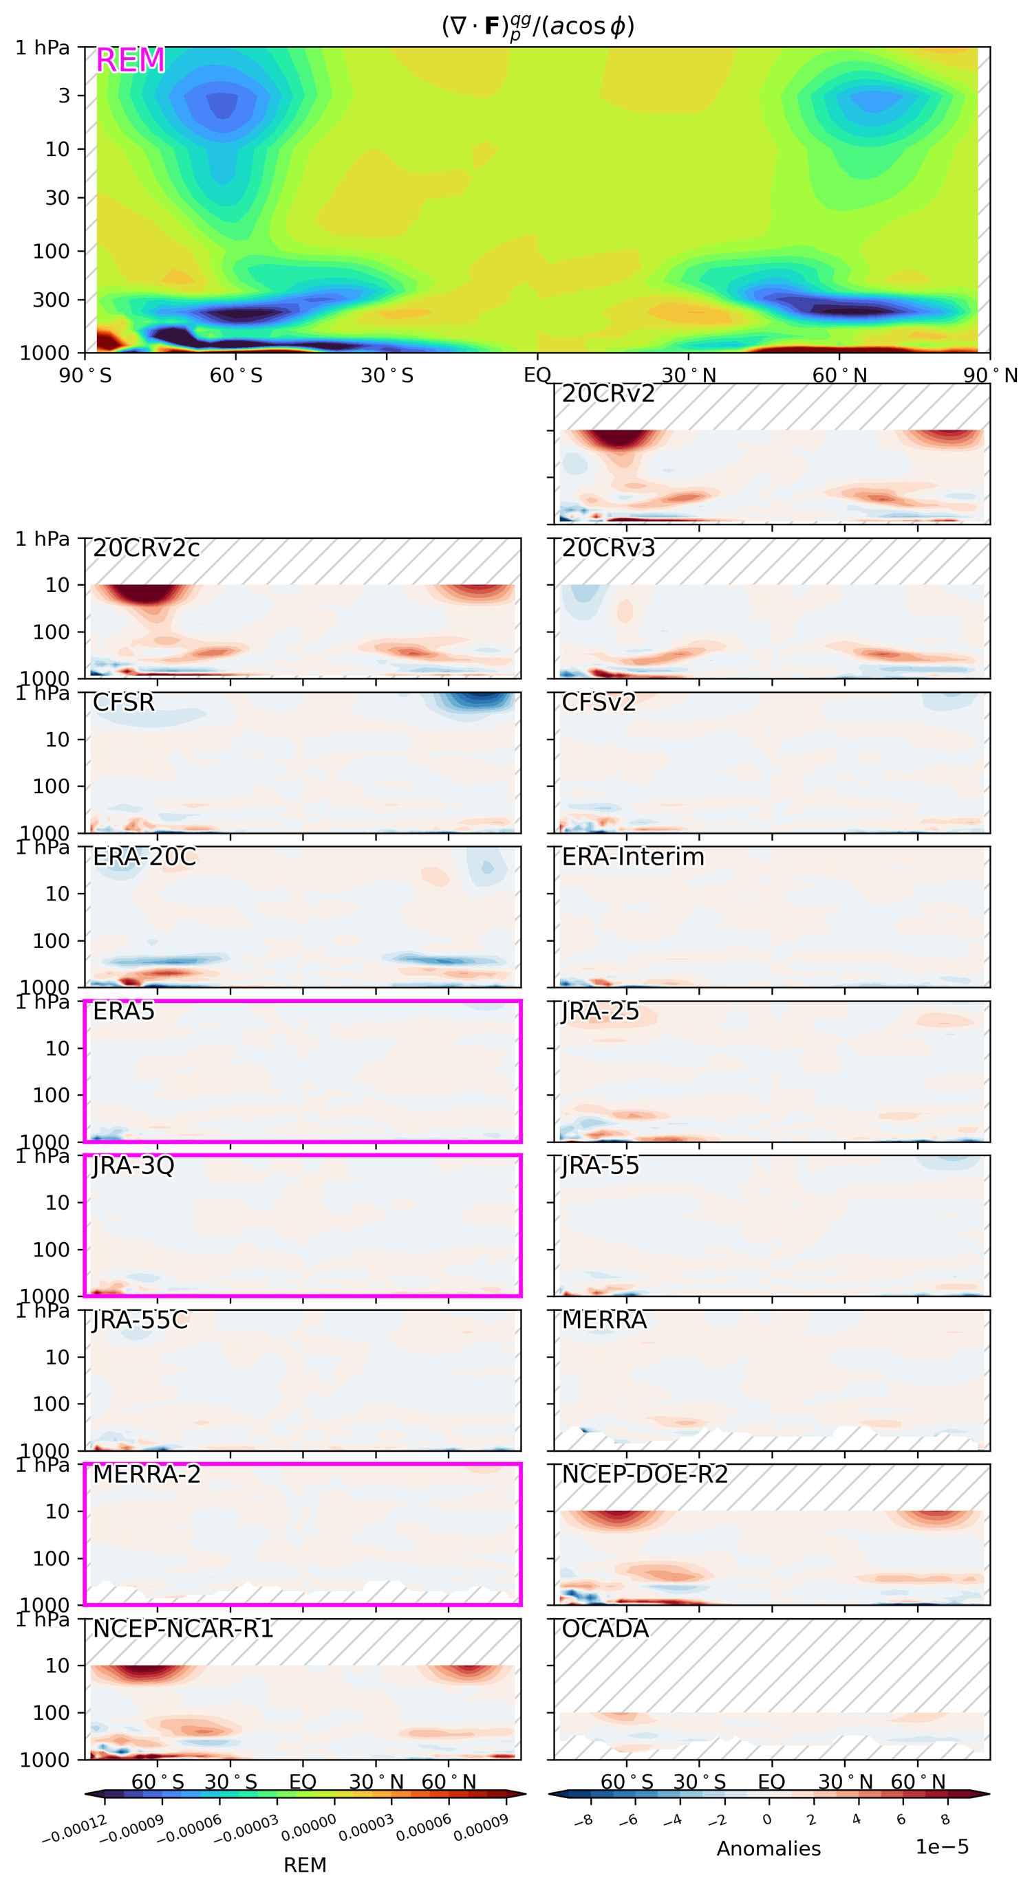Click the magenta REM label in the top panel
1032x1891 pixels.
[x=130, y=60]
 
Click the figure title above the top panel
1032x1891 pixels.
[x=537, y=26]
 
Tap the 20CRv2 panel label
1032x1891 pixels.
[x=608, y=394]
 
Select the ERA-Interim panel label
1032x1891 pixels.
[x=632, y=856]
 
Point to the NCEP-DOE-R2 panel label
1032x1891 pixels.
[x=644, y=1474]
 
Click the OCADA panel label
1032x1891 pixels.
[x=605, y=1628]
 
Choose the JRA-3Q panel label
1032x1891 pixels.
[x=133, y=1166]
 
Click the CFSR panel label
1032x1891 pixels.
[x=123, y=703]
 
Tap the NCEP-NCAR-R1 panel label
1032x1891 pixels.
[x=183, y=1628]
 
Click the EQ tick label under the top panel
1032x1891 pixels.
[x=537, y=375]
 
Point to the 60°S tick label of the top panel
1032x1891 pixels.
[x=236, y=375]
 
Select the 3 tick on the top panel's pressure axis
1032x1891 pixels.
[x=64, y=96]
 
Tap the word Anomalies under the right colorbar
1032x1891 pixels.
[x=768, y=1848]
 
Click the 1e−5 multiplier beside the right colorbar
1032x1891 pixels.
[x=942, y=1846]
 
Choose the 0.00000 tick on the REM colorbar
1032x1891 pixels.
[x=309, y=1827]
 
